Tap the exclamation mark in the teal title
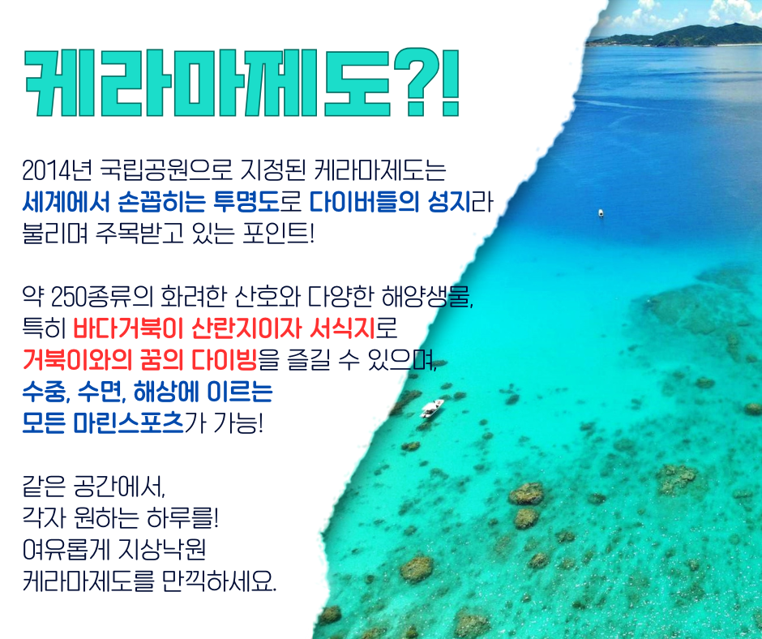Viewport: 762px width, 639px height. (x=450, y=82)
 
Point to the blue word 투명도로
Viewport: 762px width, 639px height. (x=258, y=201)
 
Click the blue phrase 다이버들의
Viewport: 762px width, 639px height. (x=364, y=201)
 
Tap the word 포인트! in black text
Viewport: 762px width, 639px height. (x=278, y=233)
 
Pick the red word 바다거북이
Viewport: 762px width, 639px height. (x=128, y=328)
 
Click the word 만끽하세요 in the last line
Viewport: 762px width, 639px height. (x=220, y=581)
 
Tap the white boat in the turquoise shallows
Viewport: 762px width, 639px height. (x=432, y=409)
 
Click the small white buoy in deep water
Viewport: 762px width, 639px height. (x=601, y=213)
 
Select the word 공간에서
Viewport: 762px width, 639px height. (x=120, y=487)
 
